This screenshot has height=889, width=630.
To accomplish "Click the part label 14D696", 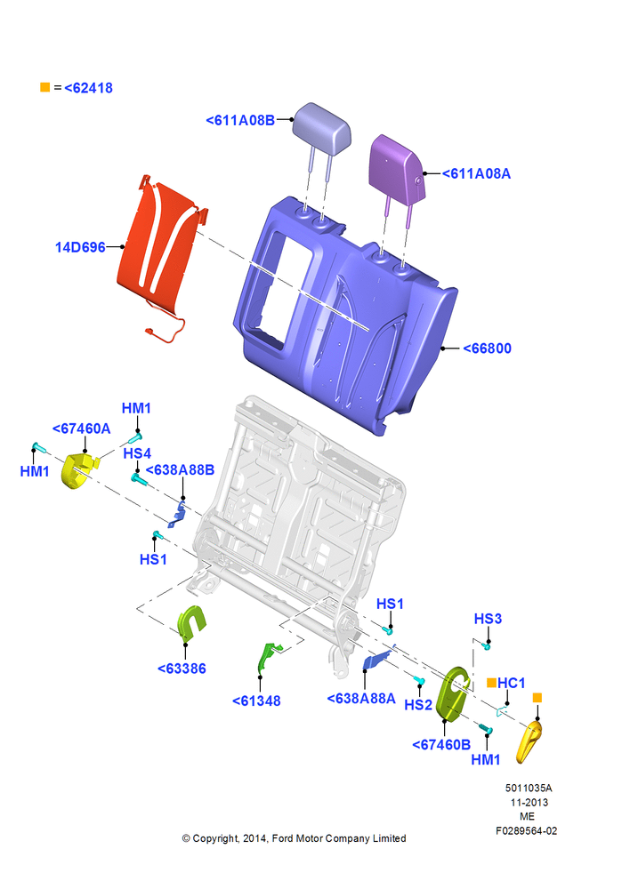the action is pos(80,247).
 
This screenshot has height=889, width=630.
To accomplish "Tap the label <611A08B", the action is pos(240,120).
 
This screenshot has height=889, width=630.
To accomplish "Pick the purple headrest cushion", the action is pos(396,166).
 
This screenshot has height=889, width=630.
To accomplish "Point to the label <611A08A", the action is pos(476,173).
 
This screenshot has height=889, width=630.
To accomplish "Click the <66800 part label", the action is pos(487,348).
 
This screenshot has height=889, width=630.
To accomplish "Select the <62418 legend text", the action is pos(89,88).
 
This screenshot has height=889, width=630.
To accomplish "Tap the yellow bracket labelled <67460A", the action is pos(79,470).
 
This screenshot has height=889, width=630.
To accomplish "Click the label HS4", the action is pos(137,453).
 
